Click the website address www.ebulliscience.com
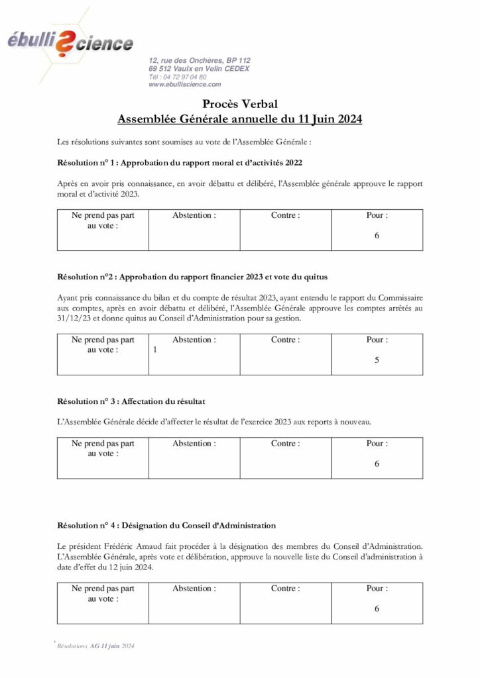[185, 85]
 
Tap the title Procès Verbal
[239, 104]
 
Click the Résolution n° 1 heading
[180, 162]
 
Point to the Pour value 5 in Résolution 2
[377, 361]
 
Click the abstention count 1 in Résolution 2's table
[155, 351]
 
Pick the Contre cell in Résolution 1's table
[285, 230]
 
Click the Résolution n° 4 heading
[166, 526]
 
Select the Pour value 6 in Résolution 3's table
[377, 464]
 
